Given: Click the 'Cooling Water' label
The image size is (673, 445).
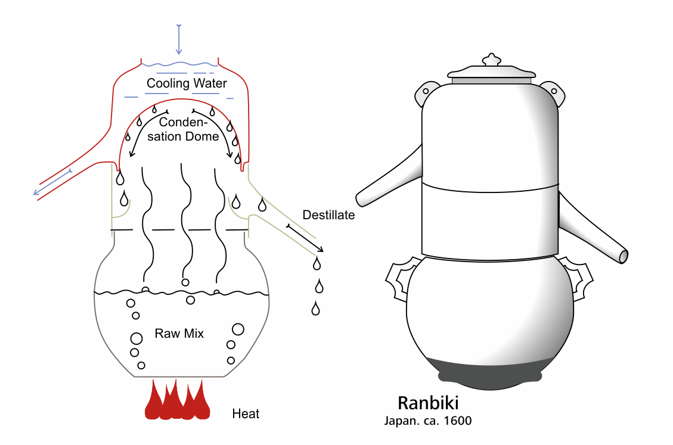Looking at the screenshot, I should [x=187, y=83].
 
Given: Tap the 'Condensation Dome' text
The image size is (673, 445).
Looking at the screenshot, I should [x=188, y=129].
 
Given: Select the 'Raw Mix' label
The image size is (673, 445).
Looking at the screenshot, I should [x=179, y=334].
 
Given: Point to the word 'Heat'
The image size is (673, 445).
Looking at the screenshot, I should [x=246, y=413].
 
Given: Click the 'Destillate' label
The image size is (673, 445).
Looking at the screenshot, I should [x=328, y=215].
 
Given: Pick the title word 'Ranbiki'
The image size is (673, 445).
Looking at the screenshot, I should [x=428, y=403].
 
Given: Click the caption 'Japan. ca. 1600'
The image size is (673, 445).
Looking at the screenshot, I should [x=428, y=421].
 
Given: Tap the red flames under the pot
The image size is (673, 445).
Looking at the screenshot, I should [x=178, y=401].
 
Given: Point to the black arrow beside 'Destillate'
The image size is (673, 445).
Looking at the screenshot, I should [x=305, y=238].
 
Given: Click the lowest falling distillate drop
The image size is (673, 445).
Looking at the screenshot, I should [x=315, y=309].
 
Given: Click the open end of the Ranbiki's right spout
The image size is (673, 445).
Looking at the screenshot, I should [x=623, y=256].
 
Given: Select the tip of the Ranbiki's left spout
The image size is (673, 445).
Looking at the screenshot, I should [x=359, y=199].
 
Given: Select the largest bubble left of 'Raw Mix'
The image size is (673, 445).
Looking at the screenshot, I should [x=136, y=338].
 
